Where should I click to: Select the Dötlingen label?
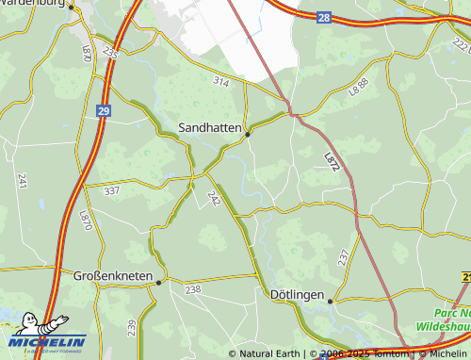tap(297, 295)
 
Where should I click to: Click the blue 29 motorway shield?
tap(102, 110)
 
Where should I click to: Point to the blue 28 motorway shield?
tap(324, 18)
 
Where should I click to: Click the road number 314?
tap(221, 82)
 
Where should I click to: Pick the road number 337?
tap(112, 190)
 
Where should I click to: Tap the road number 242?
tap(214, 199)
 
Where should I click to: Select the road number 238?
tap(193, 290)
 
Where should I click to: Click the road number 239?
tap(132, 326)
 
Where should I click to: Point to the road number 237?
tap(343, 256)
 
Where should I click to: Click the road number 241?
tap(22, 181)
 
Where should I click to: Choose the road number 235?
tap(111, 54)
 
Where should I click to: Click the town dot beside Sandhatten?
tap(248, 134)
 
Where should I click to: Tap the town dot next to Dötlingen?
tap(331, 302)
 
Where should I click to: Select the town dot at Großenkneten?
tap(159, 282)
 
